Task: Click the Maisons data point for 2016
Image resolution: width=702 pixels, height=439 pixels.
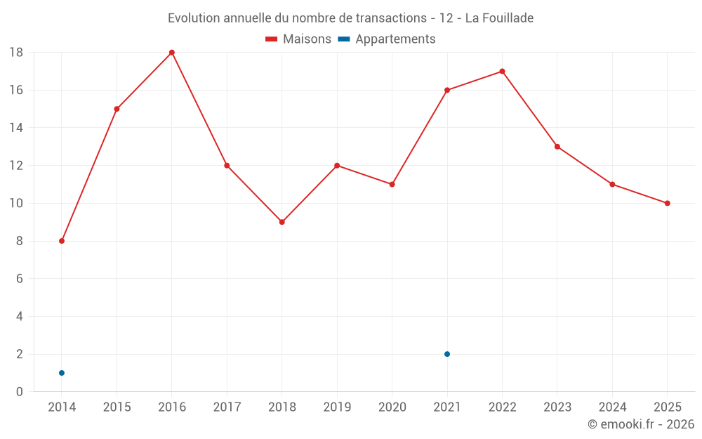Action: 172,53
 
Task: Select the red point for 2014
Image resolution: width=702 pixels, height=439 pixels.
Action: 62,241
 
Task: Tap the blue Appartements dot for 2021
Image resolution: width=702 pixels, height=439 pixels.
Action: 447,354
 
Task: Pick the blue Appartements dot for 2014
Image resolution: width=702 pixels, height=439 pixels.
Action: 62,373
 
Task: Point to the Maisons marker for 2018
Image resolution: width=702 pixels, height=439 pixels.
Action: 282,222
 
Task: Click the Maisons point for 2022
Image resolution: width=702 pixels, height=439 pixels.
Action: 502,71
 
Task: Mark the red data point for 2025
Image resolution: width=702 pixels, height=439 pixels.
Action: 668,203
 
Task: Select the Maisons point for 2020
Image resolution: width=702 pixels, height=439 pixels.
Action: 392,184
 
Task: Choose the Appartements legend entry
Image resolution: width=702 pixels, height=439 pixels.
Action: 387,39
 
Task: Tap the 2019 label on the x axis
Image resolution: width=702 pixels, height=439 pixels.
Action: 337,407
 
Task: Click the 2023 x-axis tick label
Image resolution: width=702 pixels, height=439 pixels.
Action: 557,407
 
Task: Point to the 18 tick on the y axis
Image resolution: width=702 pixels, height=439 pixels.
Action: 16,53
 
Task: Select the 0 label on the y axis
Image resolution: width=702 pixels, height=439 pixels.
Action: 20,392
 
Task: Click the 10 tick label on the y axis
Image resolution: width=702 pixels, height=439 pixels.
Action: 16,203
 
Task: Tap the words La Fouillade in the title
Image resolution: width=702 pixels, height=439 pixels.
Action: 499,18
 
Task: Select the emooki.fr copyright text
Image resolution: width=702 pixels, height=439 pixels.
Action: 641,424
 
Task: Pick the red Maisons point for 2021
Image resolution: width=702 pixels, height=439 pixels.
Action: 447,90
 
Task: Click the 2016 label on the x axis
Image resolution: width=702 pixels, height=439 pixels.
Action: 172,407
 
